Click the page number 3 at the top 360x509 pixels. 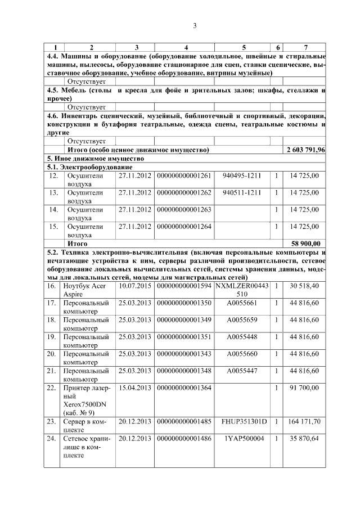coord(195,25)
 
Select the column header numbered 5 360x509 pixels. coord(244,48)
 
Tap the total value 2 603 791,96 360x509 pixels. coord(305,150)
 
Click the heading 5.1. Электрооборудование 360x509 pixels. coord(89,167)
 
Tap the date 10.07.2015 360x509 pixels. coord(135,286)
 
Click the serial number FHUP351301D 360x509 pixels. coord(244,421)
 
